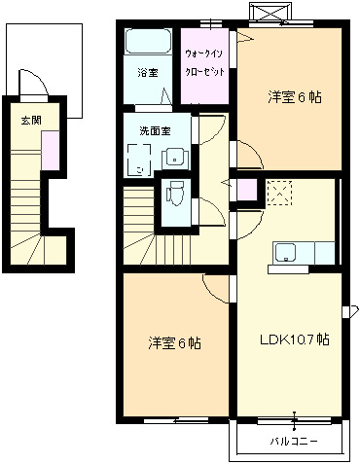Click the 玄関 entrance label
tap(31, 121)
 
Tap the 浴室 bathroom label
tap(148, 73)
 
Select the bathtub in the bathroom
tap(148, 42)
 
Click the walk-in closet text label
tap(204, 62)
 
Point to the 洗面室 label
tap(155, 131)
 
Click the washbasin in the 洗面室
tap(175, 159)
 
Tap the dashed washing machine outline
tap(139, 161)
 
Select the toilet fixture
tap(175, 194)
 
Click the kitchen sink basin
tap(285, 253)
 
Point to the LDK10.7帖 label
tap(295, 339)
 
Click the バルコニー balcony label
tap(294, 442)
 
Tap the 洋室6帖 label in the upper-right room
tap(295, 97)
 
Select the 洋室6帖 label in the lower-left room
tap(174, 343)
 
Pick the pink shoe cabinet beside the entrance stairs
tap(51, 151)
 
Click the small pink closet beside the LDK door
tap(247, 190)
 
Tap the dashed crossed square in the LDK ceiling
tap(279, 194)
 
